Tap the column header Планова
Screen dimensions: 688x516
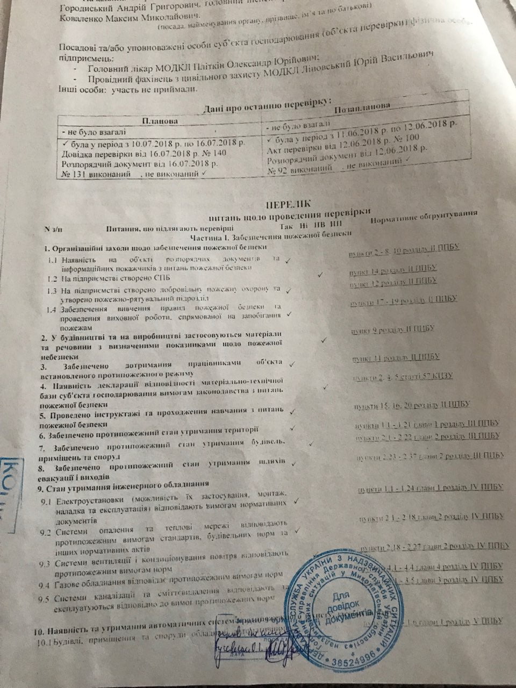(160, 121)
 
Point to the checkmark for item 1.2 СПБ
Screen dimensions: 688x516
(319, 274)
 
